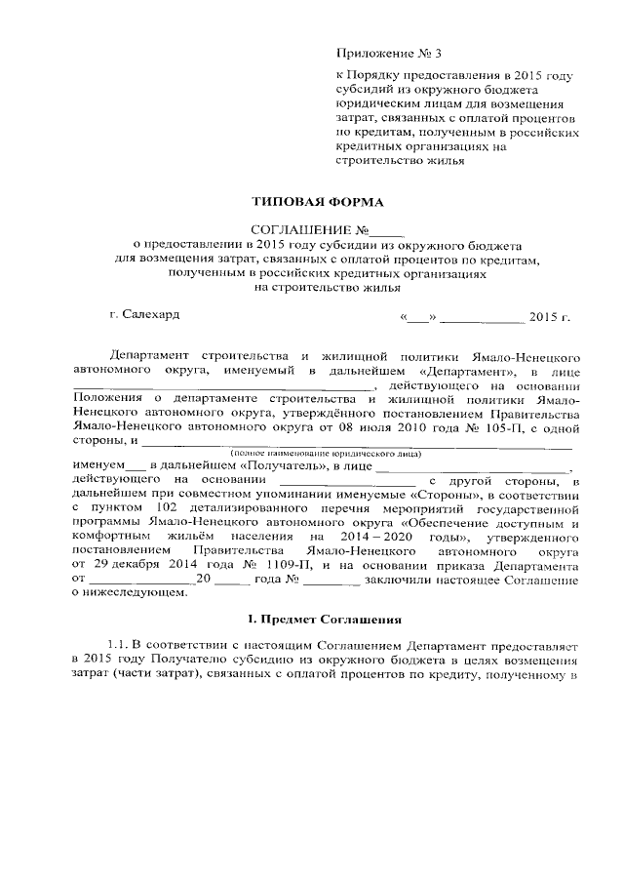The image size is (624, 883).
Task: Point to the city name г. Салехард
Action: [144, 315]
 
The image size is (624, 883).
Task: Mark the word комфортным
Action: [114, 538]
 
